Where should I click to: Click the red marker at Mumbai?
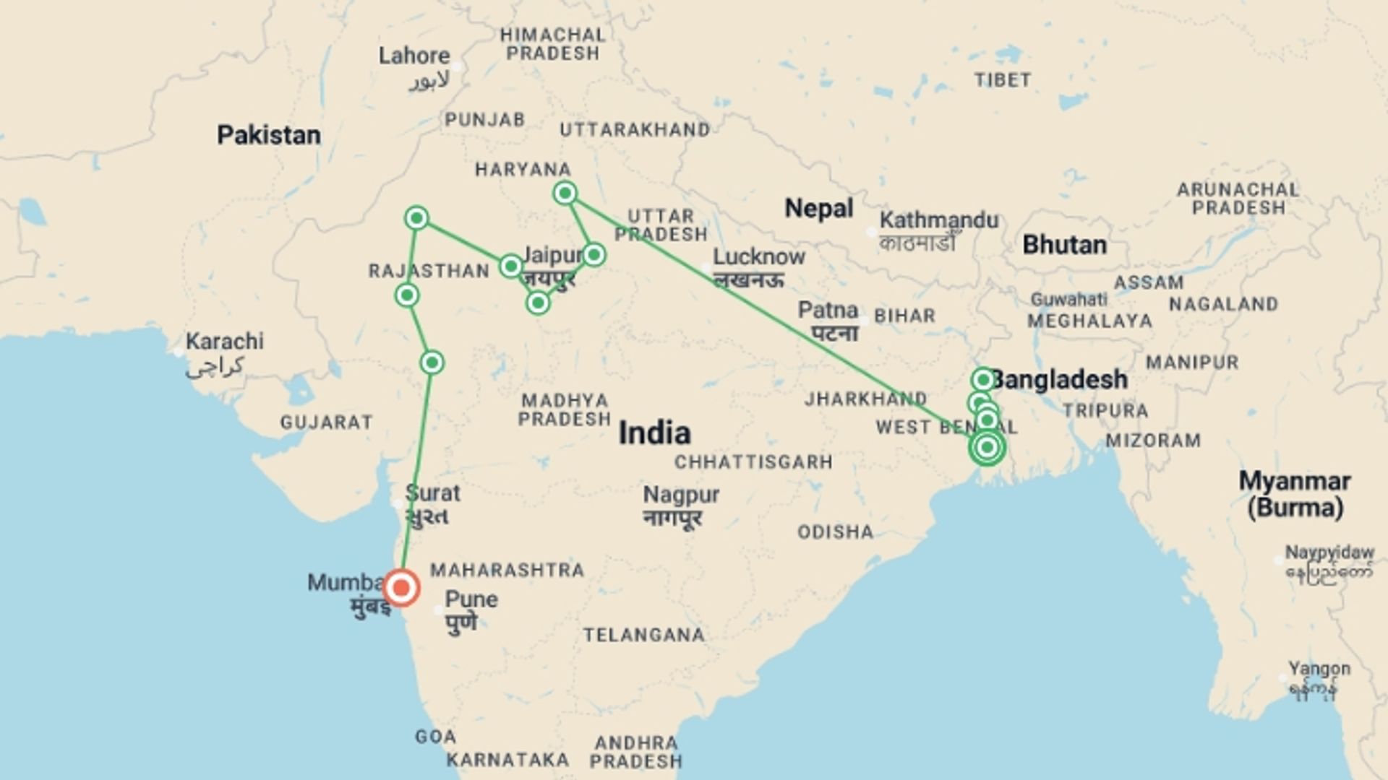click(x=401, y=588)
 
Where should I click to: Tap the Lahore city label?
click(x=414, y=56)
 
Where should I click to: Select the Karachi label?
click(x=224, y=342)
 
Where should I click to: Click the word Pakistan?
click(x=269, y=135)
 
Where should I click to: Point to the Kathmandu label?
click(x=938, y=220)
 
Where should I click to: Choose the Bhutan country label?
click(x=1064, y=245)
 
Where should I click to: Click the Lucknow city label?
click(x=758, y=257)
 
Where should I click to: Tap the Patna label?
click(x=828, y=311)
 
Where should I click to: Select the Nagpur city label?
click(x=681, y=495)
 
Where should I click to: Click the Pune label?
click(x=471, y=599)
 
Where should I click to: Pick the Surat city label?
click(x=432, y=494)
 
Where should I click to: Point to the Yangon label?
click(x=1319, y=669)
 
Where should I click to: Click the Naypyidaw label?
click(x=1329, y=552)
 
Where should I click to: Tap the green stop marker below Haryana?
click(x=565, y=193)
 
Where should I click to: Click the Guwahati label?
click(x=1068, y=300)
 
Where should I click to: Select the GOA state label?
click(x=435, y=737)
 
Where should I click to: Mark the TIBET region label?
click(x=1002, y=80)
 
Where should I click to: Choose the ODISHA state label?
click(x=835, y=532)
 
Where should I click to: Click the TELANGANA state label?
click(x=643, y=635)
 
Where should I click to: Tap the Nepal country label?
click(x=818, y=209)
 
